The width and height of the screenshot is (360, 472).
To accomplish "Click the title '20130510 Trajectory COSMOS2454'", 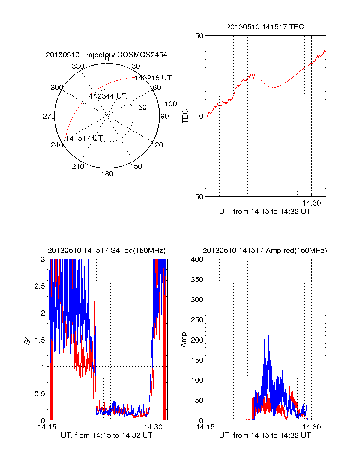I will (x=106, y=55).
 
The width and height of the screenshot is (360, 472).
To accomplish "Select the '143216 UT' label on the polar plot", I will (x=153, y=78).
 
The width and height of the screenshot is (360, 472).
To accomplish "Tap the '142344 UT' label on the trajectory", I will (x=108, y=96).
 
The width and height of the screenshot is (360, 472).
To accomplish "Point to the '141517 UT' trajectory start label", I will (x=84, y=138).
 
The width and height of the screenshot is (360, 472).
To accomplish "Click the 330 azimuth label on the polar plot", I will (x=78, y=66).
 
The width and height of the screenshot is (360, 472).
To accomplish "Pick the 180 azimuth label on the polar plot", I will (x=107, y=174).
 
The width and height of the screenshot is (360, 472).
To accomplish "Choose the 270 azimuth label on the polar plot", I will (x=49, y=116).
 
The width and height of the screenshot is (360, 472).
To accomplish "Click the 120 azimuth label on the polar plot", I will (x=157, y=145).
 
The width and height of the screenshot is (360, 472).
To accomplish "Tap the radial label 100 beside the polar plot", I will (x=171, y=104).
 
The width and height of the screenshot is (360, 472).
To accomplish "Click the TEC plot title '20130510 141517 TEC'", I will (x=265, y=27).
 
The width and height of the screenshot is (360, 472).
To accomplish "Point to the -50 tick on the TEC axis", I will (x=198, y=197).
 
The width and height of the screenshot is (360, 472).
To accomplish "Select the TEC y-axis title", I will (x=185, y=116).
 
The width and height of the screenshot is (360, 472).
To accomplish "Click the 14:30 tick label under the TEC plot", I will (x=311, y=203).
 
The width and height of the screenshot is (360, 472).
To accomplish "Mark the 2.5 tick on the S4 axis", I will (x=40, y=286).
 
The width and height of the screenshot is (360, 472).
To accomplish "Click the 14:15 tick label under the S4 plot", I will (x=47, y=427).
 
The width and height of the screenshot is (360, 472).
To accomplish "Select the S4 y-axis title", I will (x=27, y=340).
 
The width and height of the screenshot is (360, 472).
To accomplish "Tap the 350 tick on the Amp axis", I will (x=197, y=280).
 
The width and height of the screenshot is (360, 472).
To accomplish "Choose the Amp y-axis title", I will (x=184, y=340).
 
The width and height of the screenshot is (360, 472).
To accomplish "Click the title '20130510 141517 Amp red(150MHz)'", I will (x=265, y=251).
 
